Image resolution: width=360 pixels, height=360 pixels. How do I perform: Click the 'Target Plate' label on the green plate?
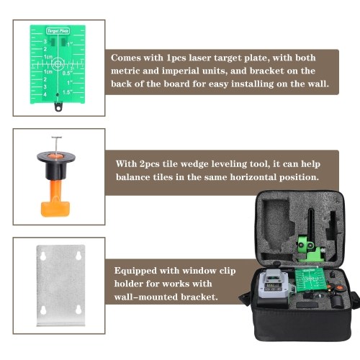58,31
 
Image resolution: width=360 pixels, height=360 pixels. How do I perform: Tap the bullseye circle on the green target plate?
58,64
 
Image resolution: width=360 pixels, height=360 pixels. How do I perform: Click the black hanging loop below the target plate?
58,107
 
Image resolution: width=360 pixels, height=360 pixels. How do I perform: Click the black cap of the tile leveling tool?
56,166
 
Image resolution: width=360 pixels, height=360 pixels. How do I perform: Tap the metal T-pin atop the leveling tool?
56,145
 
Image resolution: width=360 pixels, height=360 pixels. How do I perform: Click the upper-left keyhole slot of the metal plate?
43,256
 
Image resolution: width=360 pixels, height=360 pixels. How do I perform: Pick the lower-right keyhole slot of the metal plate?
78,310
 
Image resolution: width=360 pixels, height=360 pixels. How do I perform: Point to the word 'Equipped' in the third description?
135,271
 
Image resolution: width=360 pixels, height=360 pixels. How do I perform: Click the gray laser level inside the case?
274,284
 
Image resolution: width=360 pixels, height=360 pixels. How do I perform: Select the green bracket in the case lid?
310,250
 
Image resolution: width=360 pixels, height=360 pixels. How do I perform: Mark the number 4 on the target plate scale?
45,94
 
